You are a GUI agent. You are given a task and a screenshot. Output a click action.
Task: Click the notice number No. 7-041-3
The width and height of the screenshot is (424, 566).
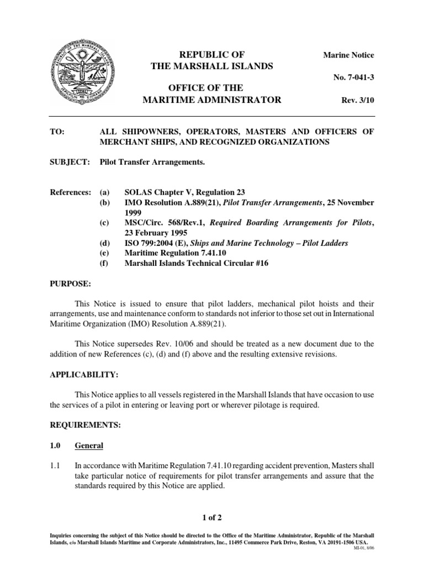pyautogui.click(x=353, y=77)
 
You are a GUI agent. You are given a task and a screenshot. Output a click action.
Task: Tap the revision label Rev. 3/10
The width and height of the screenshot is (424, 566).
pyautogui.click(x=358, y=100)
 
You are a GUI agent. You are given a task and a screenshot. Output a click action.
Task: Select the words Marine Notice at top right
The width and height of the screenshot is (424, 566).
pyautogui.click(x=348, y=55)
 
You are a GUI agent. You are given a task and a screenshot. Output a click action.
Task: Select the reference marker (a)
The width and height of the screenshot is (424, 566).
pyautogui.click(x=104, y=192)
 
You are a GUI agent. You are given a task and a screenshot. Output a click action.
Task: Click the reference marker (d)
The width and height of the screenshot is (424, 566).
pyautogui.click(x=104, y=243)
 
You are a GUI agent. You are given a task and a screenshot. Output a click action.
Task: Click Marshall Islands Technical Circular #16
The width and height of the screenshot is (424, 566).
pyautogui.click(x=197, y=263)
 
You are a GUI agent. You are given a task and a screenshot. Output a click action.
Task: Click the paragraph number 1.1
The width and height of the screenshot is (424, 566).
pyautogui.click(x=56, y=466)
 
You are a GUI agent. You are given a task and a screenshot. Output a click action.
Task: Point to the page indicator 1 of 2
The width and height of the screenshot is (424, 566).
pyautogui.click(x=212, y=517)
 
